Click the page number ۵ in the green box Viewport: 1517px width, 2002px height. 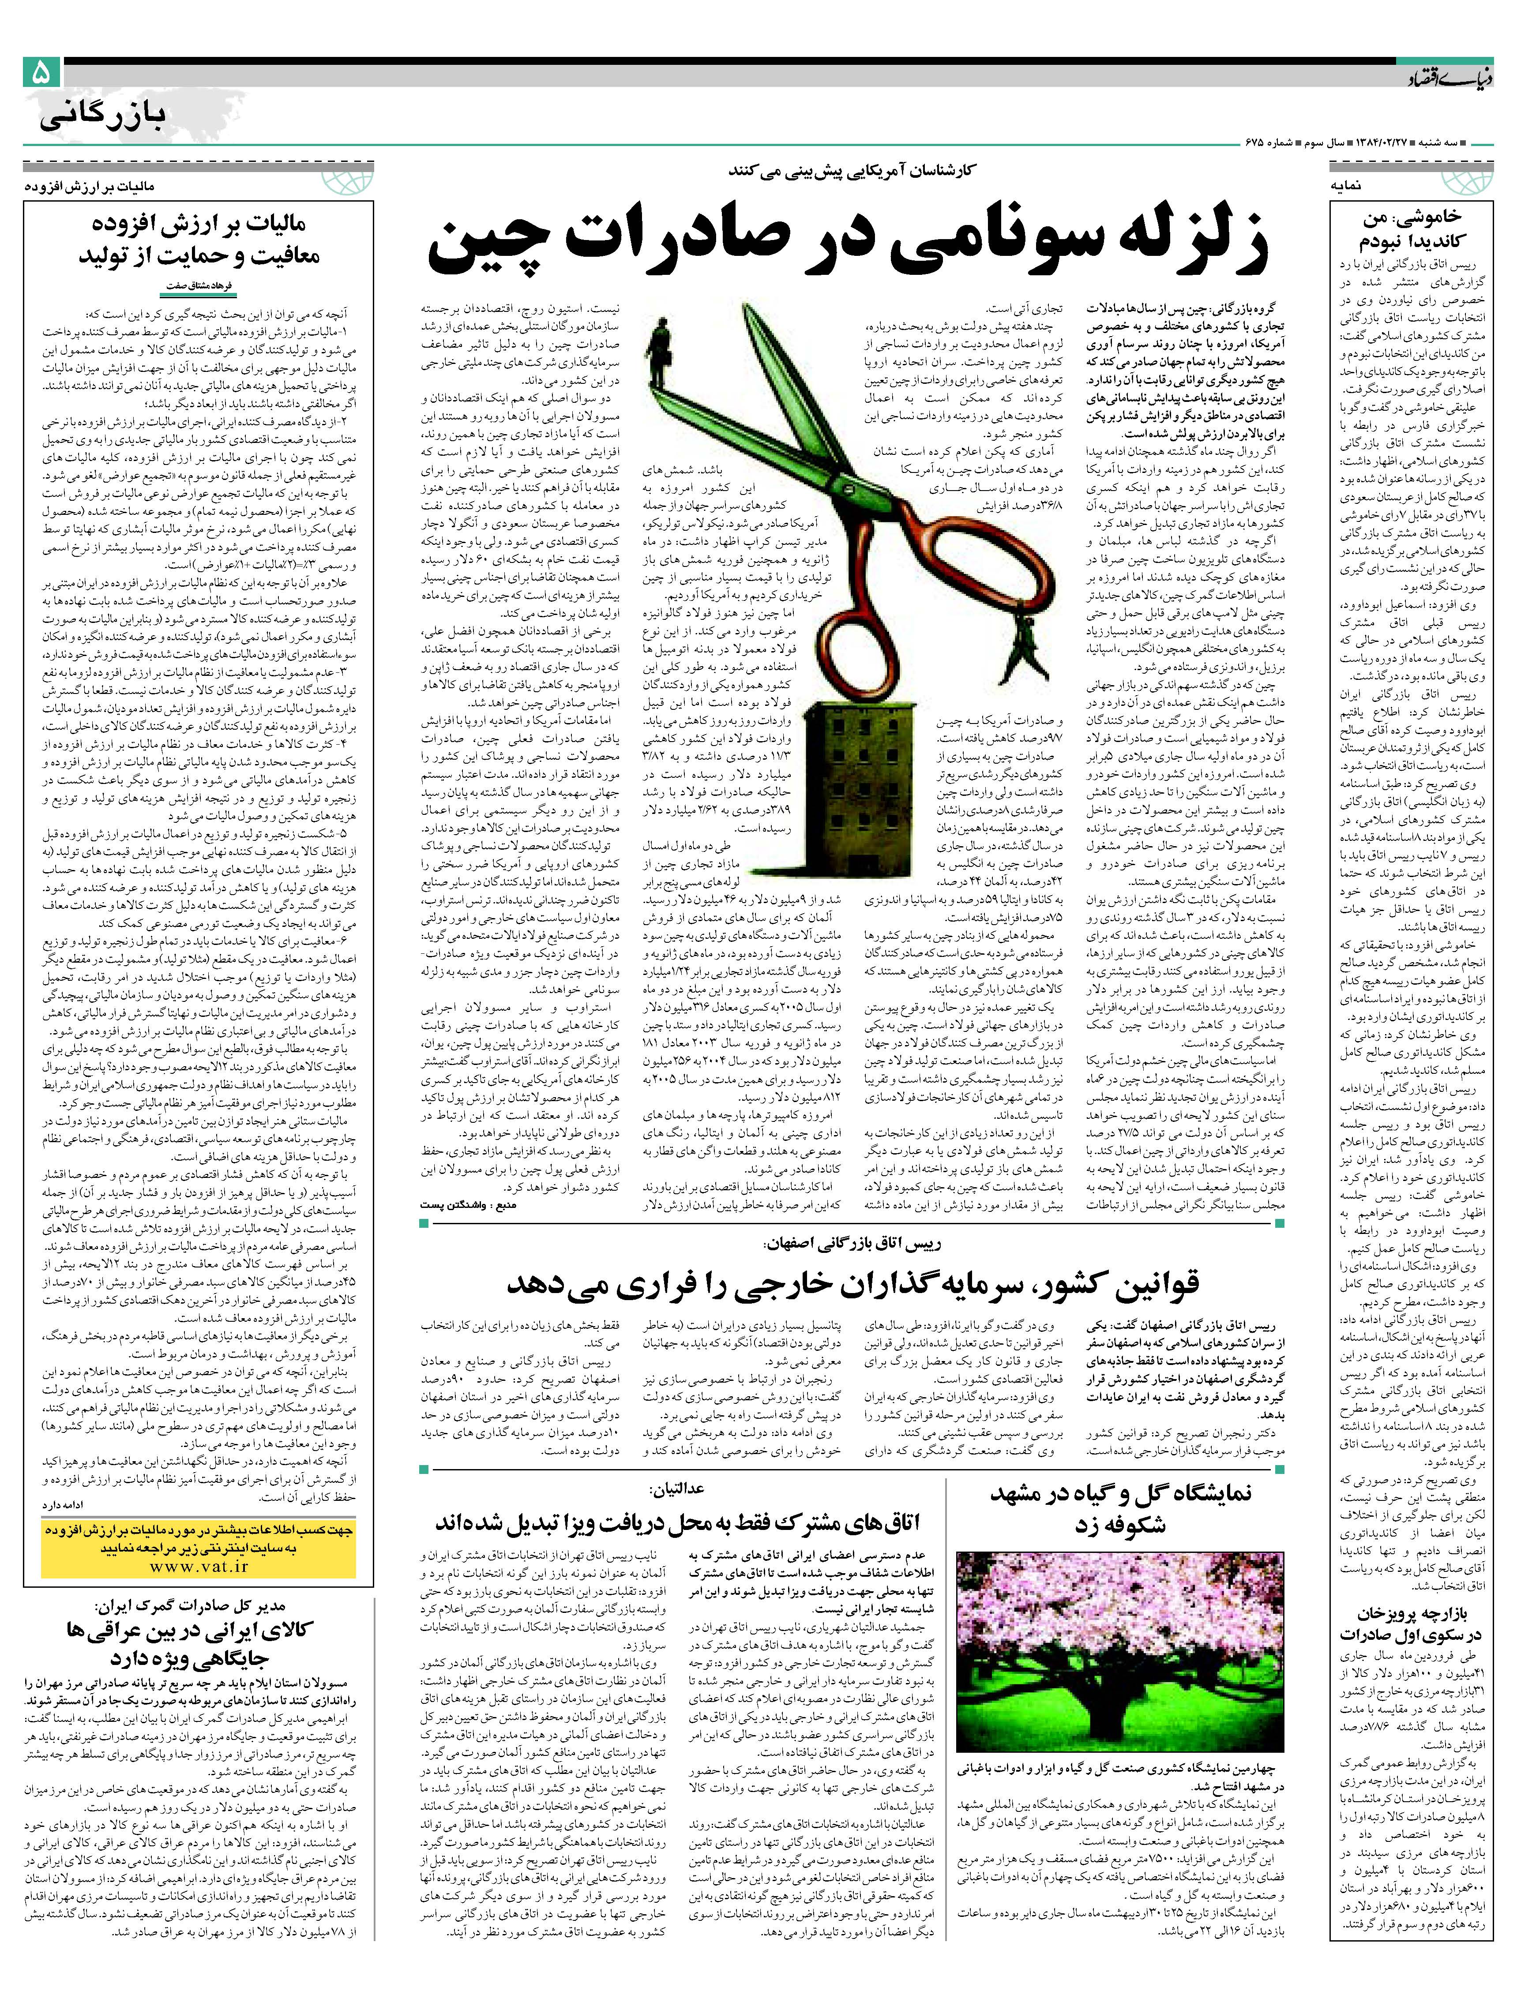pyautogui.click(x=41, y=72)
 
